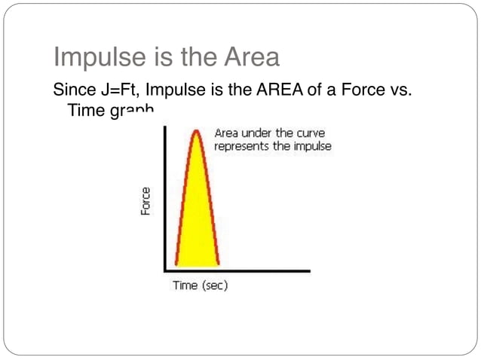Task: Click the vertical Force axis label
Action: coord(145,201)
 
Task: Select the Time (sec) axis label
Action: coord(200,285)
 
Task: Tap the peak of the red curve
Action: coord(197,131)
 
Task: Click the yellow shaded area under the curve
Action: coord(197,218)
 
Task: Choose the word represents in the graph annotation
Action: coord(241,146)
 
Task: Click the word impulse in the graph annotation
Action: coord(312,146)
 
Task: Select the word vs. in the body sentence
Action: coord(407,91)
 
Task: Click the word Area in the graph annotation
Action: coord(226,133)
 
